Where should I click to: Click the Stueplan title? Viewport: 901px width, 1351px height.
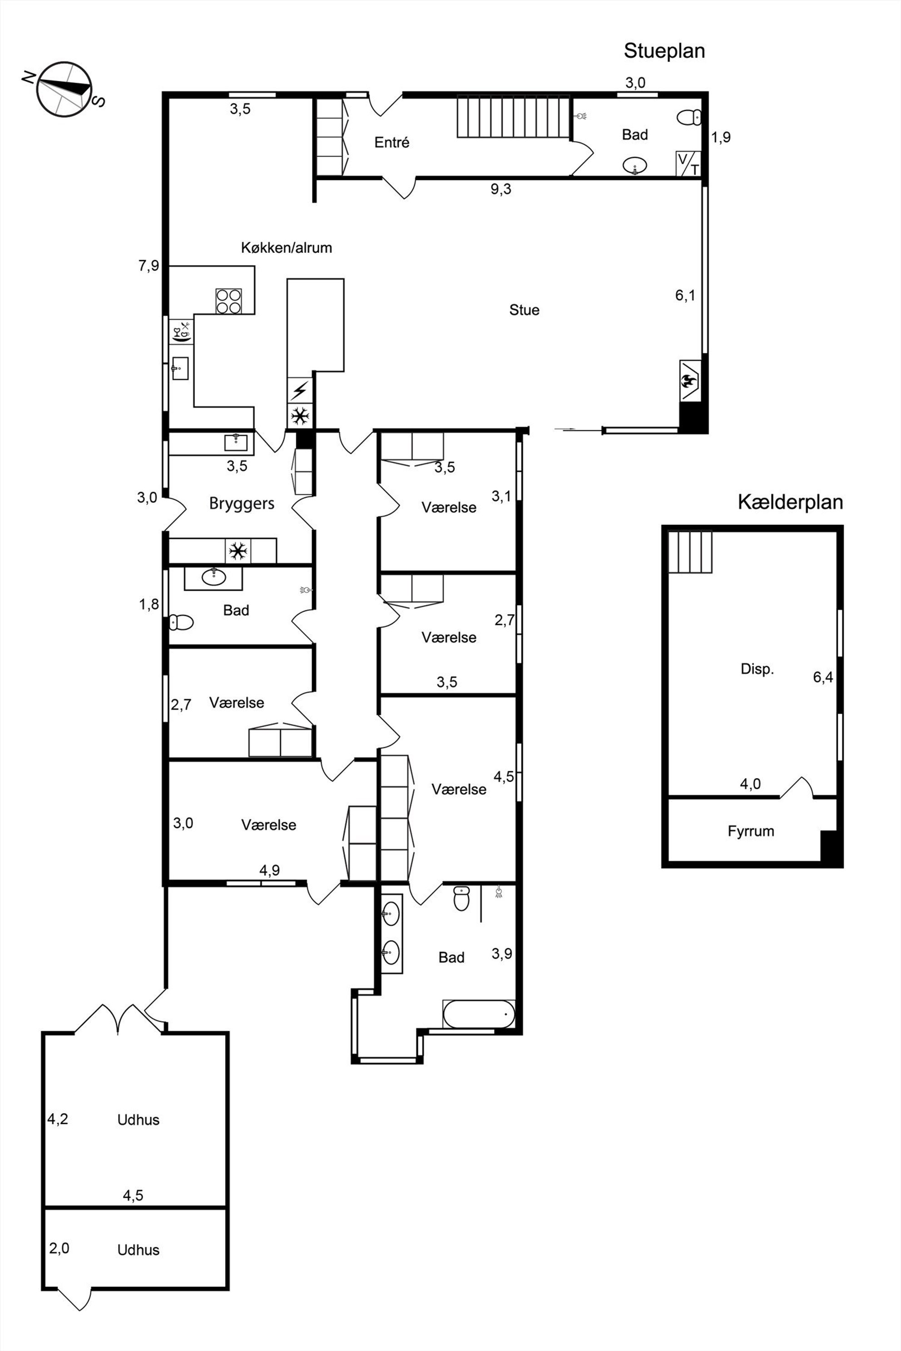point(664,51)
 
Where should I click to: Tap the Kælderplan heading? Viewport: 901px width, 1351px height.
point(790,502)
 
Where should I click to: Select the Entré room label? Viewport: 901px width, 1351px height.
point(392,143)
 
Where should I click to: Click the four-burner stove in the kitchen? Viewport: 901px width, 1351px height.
point(229,301)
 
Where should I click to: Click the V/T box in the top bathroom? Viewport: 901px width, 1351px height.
point(688,164)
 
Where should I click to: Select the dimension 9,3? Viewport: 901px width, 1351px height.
point(500,189)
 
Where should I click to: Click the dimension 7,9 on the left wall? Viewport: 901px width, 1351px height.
point(148,266)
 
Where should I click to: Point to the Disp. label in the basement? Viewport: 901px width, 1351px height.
point(757,669)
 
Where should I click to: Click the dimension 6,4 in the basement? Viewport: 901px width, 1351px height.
point(823,677)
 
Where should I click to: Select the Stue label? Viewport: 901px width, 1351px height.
point(524,310)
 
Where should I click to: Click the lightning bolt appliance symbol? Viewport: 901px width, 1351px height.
point(299,390)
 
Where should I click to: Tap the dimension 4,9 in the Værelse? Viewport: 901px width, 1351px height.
point(269,870)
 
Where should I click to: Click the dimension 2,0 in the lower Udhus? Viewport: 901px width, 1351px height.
point(59,1248)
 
